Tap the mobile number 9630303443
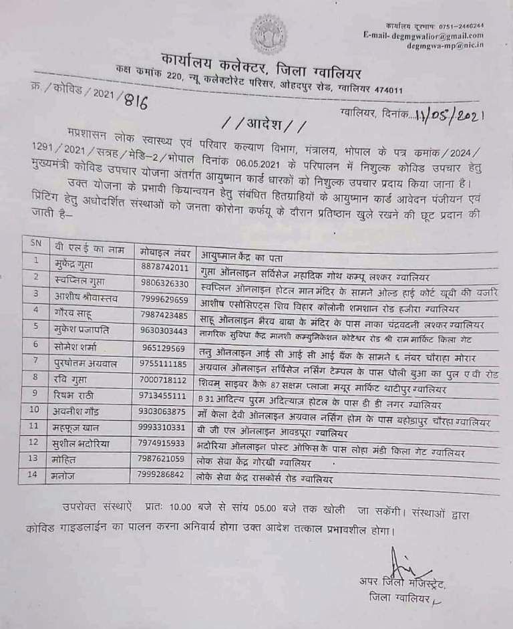click(x=166, y=330)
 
